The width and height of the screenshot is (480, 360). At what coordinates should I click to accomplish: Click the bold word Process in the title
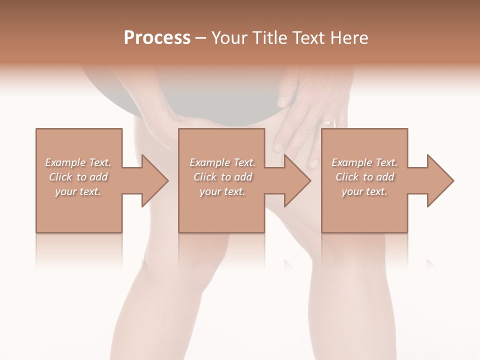(157, 38)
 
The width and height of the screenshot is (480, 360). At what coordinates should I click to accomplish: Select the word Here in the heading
(350, 38)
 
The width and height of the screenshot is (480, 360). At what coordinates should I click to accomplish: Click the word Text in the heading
(309, 38)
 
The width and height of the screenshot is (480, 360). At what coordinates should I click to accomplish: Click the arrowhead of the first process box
(155, 180)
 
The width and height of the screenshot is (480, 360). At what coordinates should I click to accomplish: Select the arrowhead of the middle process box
(297, 180)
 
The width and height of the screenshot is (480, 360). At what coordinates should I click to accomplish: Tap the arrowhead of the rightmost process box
(440, 180)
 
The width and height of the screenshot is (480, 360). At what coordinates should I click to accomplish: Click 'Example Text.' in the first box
(78, 162)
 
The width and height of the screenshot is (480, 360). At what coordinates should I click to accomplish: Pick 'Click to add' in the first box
(78, 177)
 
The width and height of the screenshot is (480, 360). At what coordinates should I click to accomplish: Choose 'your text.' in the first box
(78, 191)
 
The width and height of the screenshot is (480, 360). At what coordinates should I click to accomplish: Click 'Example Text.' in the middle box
(222, 162)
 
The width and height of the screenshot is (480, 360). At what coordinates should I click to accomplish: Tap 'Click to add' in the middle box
(222, 177)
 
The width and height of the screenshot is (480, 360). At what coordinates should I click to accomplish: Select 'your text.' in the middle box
(222, 191)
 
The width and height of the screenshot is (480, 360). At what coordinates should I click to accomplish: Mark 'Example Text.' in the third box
(364, 162)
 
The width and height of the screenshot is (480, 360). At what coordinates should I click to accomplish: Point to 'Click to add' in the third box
(364, 177)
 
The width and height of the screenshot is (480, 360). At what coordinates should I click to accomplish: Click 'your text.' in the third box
(364, 191)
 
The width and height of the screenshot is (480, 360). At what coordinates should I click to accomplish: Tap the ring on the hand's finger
(328, 121)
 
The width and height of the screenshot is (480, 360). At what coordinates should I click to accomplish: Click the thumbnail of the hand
(281, 101)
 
